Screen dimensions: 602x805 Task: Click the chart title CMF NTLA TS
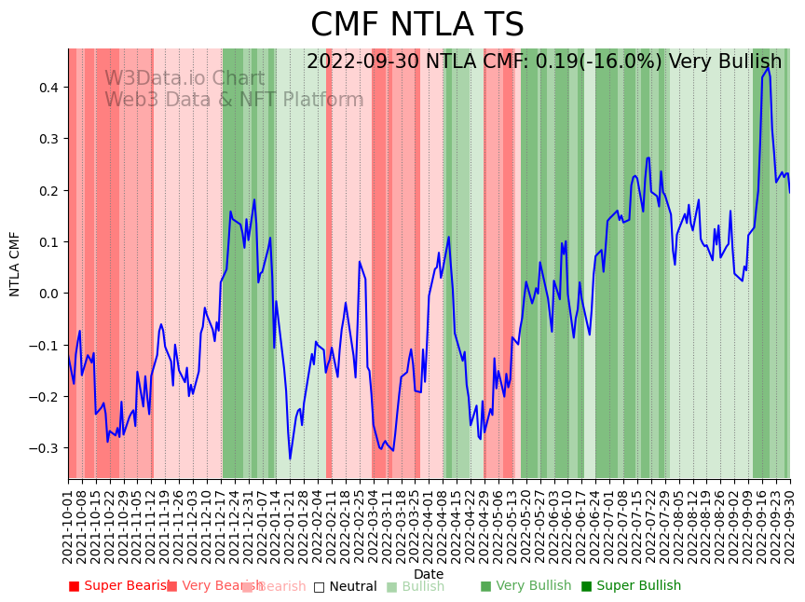click(416, 25)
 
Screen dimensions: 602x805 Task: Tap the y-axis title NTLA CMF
click(15, 264)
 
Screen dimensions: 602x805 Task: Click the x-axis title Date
click(429, 574)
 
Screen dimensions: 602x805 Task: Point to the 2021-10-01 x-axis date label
click(69, 527)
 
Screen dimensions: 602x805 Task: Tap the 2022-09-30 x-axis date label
click(790, 527)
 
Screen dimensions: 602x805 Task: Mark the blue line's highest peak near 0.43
click(768, 68)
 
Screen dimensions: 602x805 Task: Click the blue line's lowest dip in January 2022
click(290, 458)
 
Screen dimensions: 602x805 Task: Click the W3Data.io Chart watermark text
click(184, 79)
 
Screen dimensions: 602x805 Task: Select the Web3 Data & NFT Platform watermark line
click(234, 101)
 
